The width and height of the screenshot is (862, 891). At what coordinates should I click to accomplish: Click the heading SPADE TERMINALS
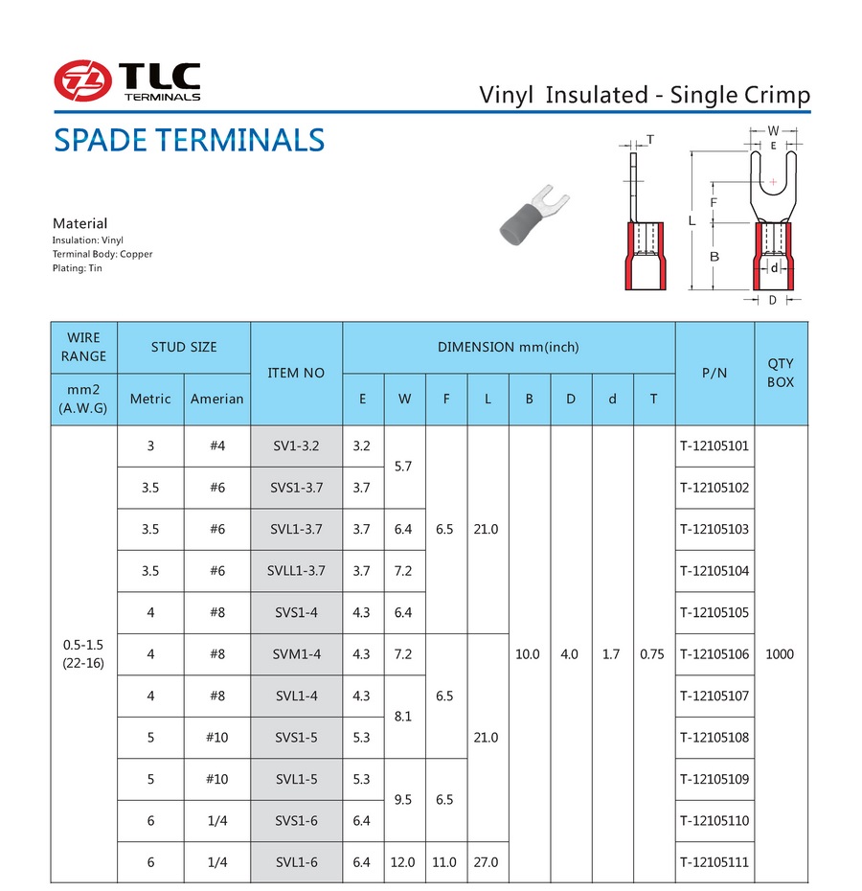point(189,141)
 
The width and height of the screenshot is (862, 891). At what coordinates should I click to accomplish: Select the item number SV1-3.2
point(296,446)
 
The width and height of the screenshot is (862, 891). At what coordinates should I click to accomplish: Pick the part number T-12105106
point(715,654)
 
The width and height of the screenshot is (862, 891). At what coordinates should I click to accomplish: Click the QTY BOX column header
point(781,373)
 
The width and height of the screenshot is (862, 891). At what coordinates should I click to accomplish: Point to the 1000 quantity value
point(781,654)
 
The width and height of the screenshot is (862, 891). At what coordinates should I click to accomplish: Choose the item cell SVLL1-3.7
point(296,571)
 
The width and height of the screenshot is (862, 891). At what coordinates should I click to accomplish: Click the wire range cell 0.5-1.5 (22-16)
point(83,654)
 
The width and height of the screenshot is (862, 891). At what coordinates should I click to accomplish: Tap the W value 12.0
point(402,862)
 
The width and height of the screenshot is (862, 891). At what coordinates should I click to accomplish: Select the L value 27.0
point(486,862)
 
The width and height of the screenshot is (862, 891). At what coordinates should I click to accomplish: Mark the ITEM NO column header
point(296,373)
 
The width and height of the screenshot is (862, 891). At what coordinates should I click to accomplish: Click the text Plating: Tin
point(77,268)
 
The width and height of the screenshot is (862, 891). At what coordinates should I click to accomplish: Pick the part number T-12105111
point(715,862)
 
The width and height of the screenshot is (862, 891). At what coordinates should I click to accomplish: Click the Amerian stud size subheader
point(216,399)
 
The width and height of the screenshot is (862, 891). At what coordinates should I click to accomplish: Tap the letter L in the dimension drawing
point(692,221)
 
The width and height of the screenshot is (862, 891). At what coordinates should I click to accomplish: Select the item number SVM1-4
point(296,654)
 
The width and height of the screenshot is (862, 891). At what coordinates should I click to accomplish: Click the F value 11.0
point(444,862)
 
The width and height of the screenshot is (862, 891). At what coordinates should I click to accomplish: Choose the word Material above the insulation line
point(79,223)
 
